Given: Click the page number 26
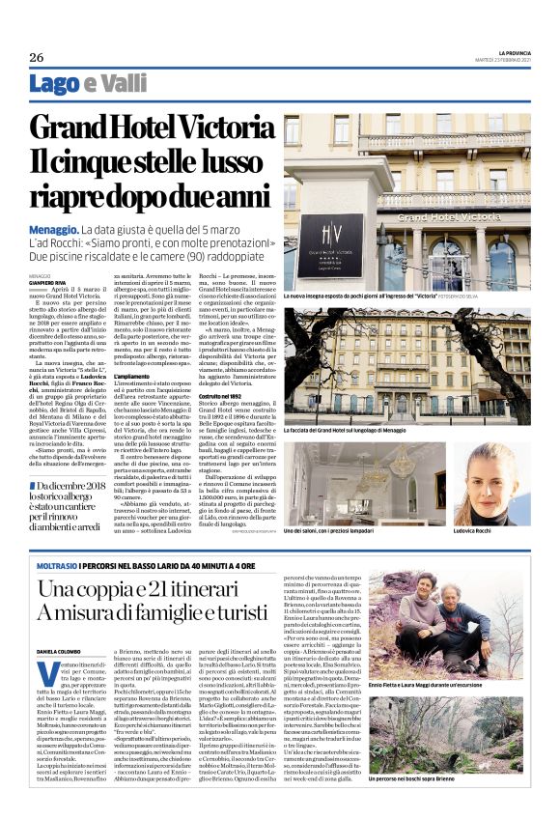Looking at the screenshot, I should [36, 56].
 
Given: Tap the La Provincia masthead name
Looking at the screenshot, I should [509, 52].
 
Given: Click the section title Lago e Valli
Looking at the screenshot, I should [89, 84].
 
